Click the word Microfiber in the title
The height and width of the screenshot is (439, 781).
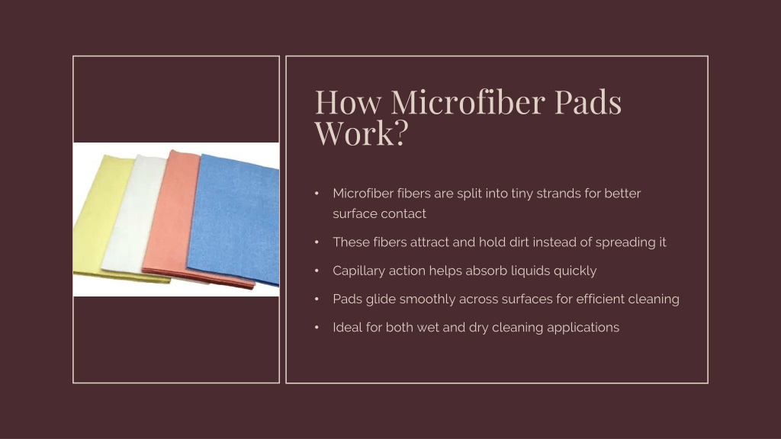[468, 102]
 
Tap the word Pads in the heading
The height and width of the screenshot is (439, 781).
[588, 102]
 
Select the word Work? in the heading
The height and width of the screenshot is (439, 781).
[362, 133]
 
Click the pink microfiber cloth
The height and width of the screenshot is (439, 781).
[169, 219]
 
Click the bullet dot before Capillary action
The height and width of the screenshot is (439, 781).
[317, 271]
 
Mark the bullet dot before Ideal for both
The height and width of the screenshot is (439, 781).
[317, 328]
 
